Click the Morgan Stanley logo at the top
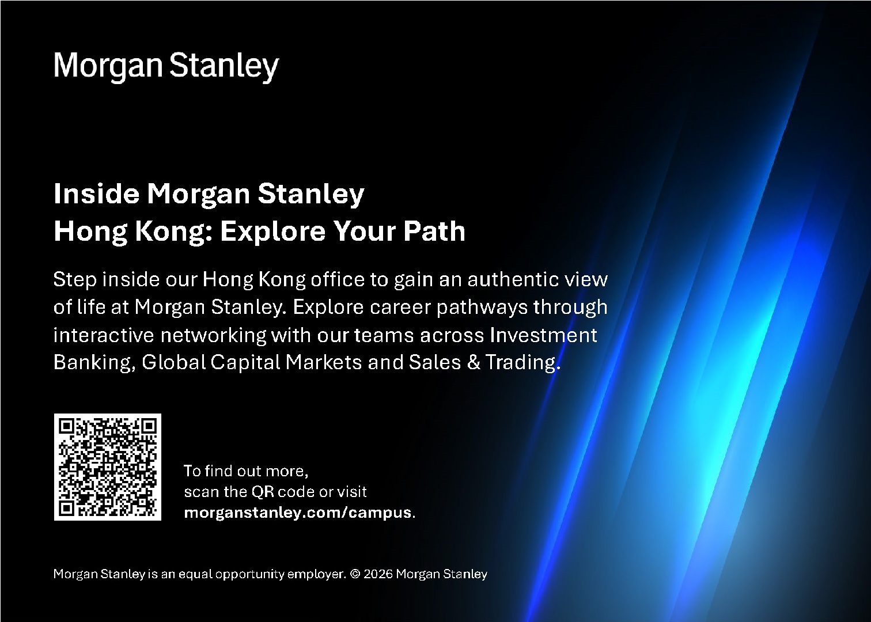point(166,66)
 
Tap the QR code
point(107,467)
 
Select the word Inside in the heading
point(96,193)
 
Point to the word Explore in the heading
point(272,232)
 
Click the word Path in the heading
point(434,232)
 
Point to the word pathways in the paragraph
point(482,308)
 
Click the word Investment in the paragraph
point(543,335)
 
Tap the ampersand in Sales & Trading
point(473,362)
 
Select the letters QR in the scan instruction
point(263,492)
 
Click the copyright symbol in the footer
point(355,574)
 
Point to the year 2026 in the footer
point(378,574)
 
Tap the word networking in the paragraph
point(214,336)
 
